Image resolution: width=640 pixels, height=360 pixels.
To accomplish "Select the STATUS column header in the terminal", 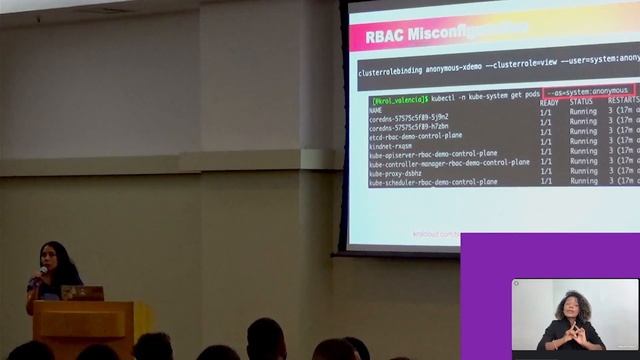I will point(581,102).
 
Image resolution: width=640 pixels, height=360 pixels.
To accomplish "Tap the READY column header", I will point(549,102).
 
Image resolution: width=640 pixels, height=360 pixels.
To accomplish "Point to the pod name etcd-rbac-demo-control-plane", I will point(415,136).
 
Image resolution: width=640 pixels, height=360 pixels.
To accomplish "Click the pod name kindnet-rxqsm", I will point(390,146).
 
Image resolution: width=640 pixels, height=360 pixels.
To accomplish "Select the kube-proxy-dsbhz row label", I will point(395,173).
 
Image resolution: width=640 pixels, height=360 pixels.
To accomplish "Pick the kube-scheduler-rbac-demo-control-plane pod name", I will point(432,183).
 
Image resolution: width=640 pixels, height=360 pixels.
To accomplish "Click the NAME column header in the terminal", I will point(376,110).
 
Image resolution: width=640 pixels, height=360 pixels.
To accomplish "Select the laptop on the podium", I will point(82,293).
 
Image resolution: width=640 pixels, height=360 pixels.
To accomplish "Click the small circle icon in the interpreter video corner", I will point(517,284).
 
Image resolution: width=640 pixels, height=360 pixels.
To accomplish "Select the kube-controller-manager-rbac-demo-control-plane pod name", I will point(449,163).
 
